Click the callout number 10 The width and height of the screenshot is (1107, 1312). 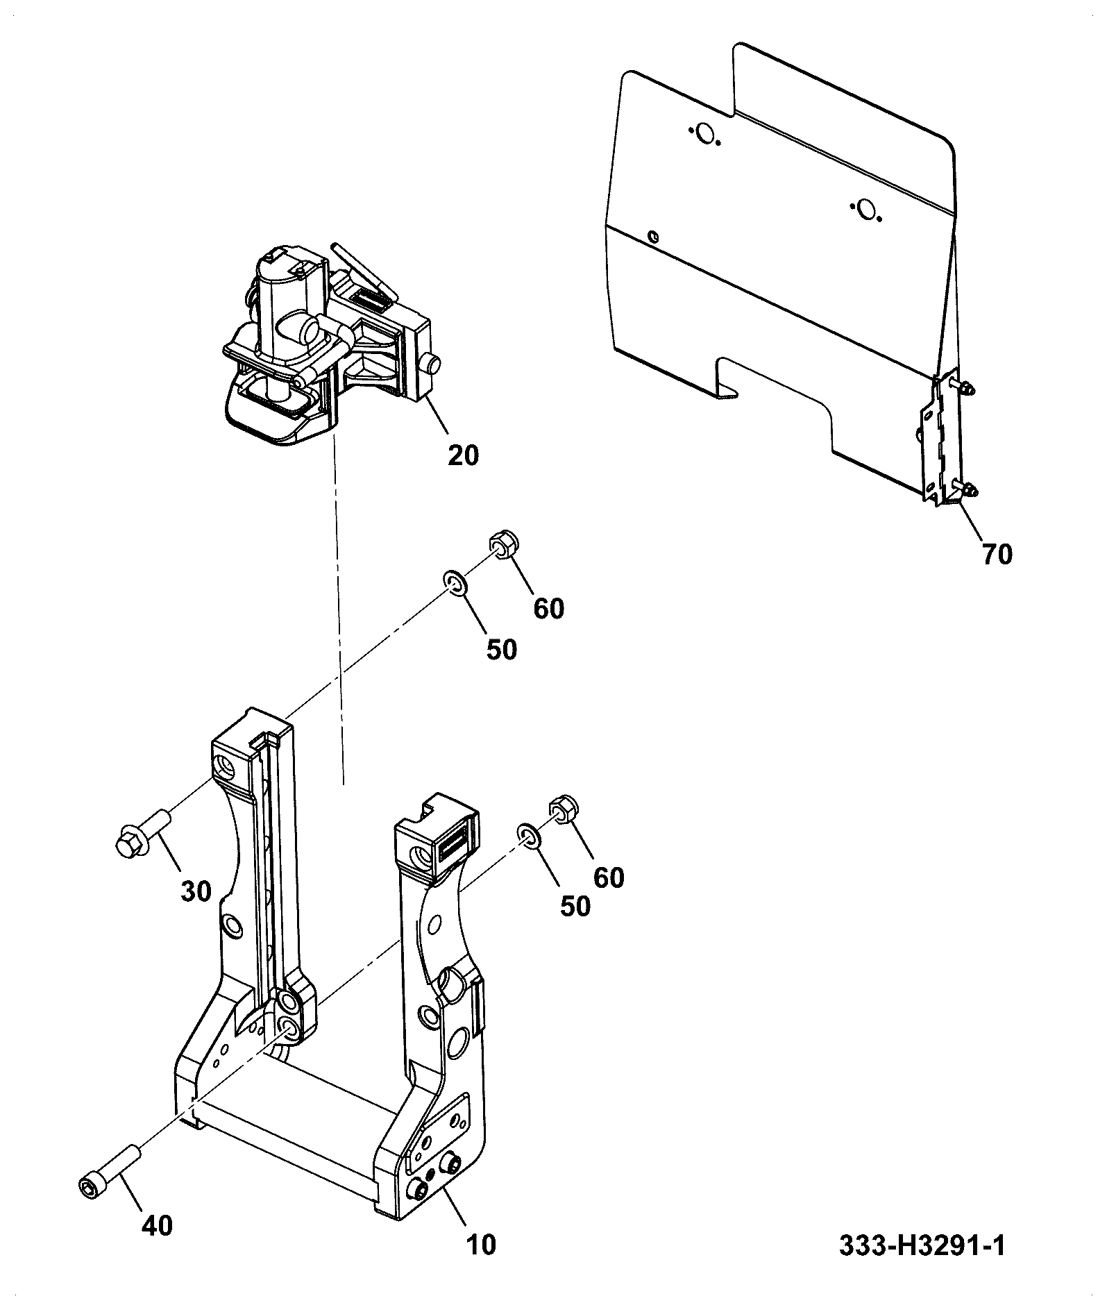tap(482, 1244)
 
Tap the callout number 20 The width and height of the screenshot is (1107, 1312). tap(463, 455)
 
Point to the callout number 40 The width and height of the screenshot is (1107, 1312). tap(157, 1226)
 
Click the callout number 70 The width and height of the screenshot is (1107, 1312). tap(997, 555)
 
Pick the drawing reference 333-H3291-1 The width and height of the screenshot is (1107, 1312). tap(922, 1245)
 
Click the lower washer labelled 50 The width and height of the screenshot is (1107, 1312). tap(529, 836)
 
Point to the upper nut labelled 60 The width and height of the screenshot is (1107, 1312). tap(503, 542)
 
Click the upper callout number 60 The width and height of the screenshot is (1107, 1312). tap(548, 609)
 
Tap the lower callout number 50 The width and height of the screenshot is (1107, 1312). tap(575, 907)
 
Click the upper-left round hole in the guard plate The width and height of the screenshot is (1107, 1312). tap(705, 133)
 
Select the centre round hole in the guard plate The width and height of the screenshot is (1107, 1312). tap(865, 208)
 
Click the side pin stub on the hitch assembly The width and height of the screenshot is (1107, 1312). tap(434, 364)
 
